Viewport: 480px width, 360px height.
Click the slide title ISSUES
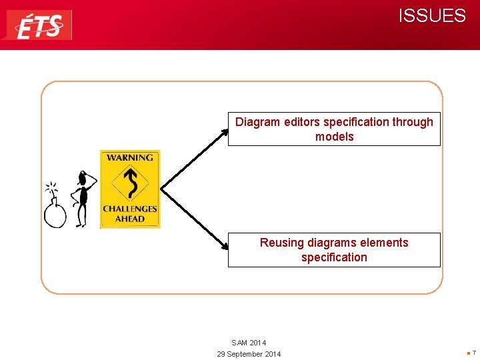[x=431, y=16]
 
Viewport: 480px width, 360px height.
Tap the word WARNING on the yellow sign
[x=129, y=158]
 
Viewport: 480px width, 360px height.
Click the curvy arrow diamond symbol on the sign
[x=130, y=183]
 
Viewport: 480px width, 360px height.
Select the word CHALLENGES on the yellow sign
[x=130, y=209]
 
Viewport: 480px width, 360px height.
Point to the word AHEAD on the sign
[x=130, y=219]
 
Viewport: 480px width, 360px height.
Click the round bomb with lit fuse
[x=55, y=214]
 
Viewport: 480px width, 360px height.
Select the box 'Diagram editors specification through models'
[x=334, y=129]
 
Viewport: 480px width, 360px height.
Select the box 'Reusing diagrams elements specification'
[x=334, y=250]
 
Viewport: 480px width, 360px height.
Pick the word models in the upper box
[x=334, y=137]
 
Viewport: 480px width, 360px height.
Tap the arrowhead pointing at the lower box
[x=225, y=247]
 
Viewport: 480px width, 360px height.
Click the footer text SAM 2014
[x=249, y=343]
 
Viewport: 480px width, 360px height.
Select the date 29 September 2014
[x=249, y=354]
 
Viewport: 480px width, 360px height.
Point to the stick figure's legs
[x=82, y=215]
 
